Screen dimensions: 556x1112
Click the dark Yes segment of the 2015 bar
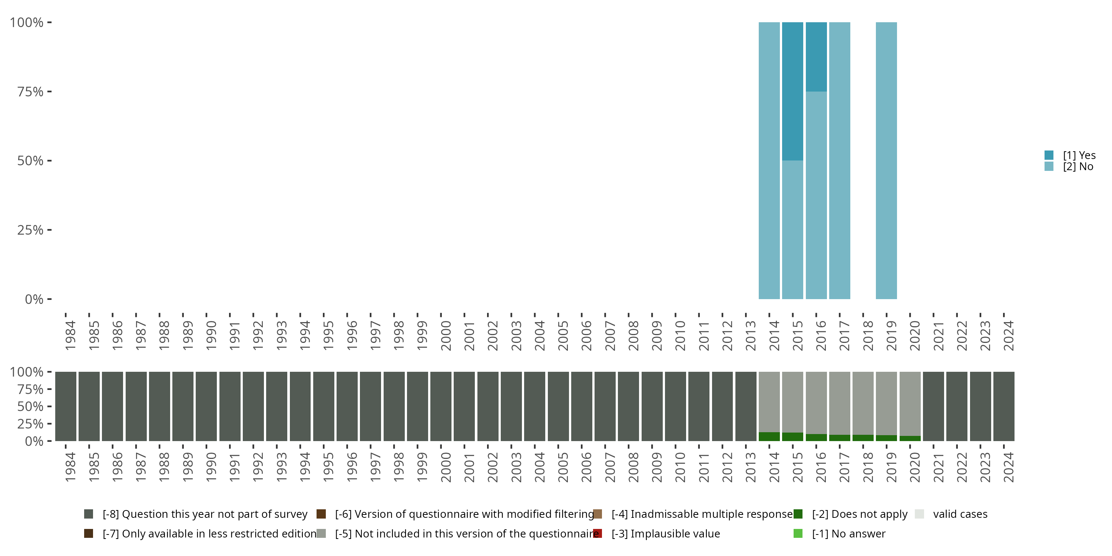[792, 91]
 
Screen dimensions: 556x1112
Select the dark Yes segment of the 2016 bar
[816, 57]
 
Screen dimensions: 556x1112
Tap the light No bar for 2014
[769, 160]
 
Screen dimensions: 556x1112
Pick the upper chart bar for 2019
[886, 160]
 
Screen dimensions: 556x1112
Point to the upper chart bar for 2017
[840, 160]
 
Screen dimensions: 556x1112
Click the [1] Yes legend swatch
[1049, 155]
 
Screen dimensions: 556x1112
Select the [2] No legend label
[1078, 167]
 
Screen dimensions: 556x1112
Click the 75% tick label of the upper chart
[30, 92]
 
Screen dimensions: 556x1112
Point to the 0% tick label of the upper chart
[34, 299]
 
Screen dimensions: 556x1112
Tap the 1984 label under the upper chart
[70, 335]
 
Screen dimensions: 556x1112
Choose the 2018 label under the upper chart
[868, 335]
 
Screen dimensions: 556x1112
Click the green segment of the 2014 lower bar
[769, 436]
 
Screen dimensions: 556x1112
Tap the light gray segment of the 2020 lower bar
[910, 404]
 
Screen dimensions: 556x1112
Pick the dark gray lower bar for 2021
[933, 406]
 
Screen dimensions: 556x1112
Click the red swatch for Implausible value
[598, 533]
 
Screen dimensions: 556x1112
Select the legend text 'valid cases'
[960, 514]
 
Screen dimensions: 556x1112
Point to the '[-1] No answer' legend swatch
[798, 533]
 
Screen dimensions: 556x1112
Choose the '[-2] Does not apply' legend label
[860, 514]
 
